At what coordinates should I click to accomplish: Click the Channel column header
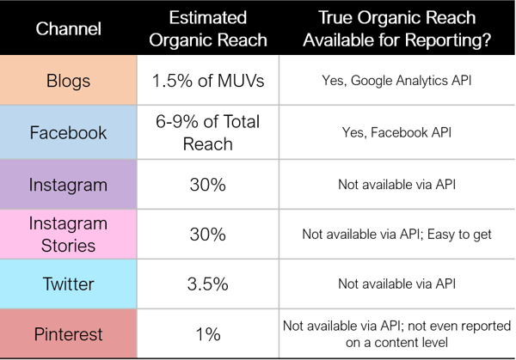[69, 28]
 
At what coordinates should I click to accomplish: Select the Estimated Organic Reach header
[208, 28]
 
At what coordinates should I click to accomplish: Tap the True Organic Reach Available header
[396, 28]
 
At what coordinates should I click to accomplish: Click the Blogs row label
[69, 81]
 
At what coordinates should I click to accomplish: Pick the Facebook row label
[69, 133]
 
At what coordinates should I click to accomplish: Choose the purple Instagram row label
[69, 185]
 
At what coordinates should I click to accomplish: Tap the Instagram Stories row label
[69, 235]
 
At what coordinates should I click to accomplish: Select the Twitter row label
[69, 284]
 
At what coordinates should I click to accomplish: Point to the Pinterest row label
[69, 334]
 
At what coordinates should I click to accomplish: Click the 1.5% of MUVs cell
[208, 81]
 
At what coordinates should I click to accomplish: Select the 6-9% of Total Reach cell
[208, 133]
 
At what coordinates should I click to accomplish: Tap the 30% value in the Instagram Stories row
[208, 235]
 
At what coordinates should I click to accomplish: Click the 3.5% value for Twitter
[208, 284]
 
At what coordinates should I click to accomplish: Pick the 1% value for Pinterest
[208, 334]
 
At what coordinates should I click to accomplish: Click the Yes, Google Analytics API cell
[396, 81]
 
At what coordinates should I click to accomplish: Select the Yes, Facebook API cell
[396, 133]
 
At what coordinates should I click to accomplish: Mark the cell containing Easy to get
[396, 235]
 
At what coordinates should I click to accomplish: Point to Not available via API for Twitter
[396, 284]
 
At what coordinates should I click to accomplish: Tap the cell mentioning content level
[396, 334]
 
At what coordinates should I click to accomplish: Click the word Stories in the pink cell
[69, 246]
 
